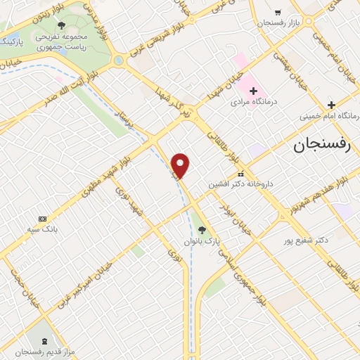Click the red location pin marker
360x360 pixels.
[181, 165]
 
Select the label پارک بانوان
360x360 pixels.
[202, 241]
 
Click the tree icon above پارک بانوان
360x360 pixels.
[202, 229]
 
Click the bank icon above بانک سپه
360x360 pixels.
[42, 218]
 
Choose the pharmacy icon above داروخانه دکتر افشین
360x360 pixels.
[240, 174]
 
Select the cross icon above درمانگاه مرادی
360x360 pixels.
[252, 89]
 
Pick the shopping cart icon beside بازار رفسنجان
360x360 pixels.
[278, 12]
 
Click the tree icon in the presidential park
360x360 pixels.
[62, 25]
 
